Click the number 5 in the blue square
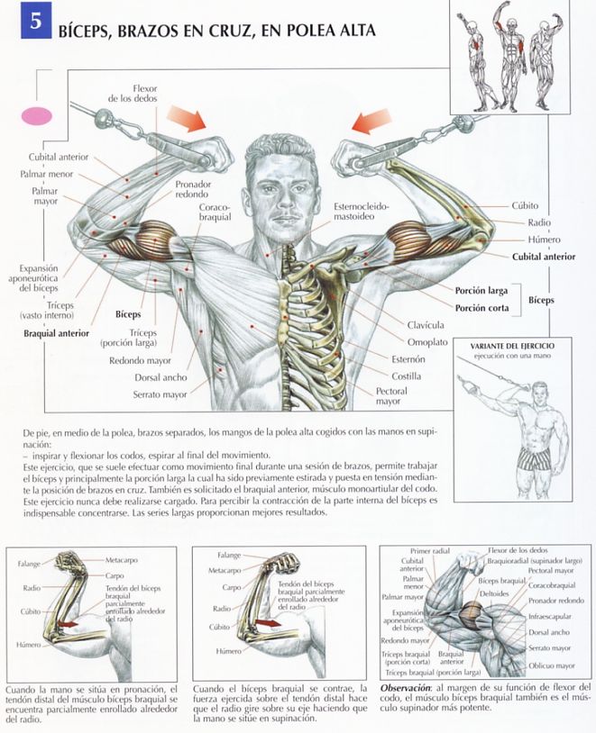(x=37, y=21)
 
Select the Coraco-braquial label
(x=215, y=212)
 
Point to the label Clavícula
(x=426, y=325)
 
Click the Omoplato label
(x=427, y=342)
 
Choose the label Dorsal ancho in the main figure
(x=160, y=377)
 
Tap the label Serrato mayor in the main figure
(x=160, y=394)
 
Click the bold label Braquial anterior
(x=56, y=333)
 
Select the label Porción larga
(x=481, y=291)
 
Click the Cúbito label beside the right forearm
(x=525, y=205)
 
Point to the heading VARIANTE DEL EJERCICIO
(x=512, y=347)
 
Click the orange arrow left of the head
(x=187, y=118)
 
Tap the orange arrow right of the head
(x=371, y=121)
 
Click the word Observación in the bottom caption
(x=405, y=688)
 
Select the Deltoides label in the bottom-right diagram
(x=494, y=593)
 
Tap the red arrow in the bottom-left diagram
(x=68, y=625)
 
